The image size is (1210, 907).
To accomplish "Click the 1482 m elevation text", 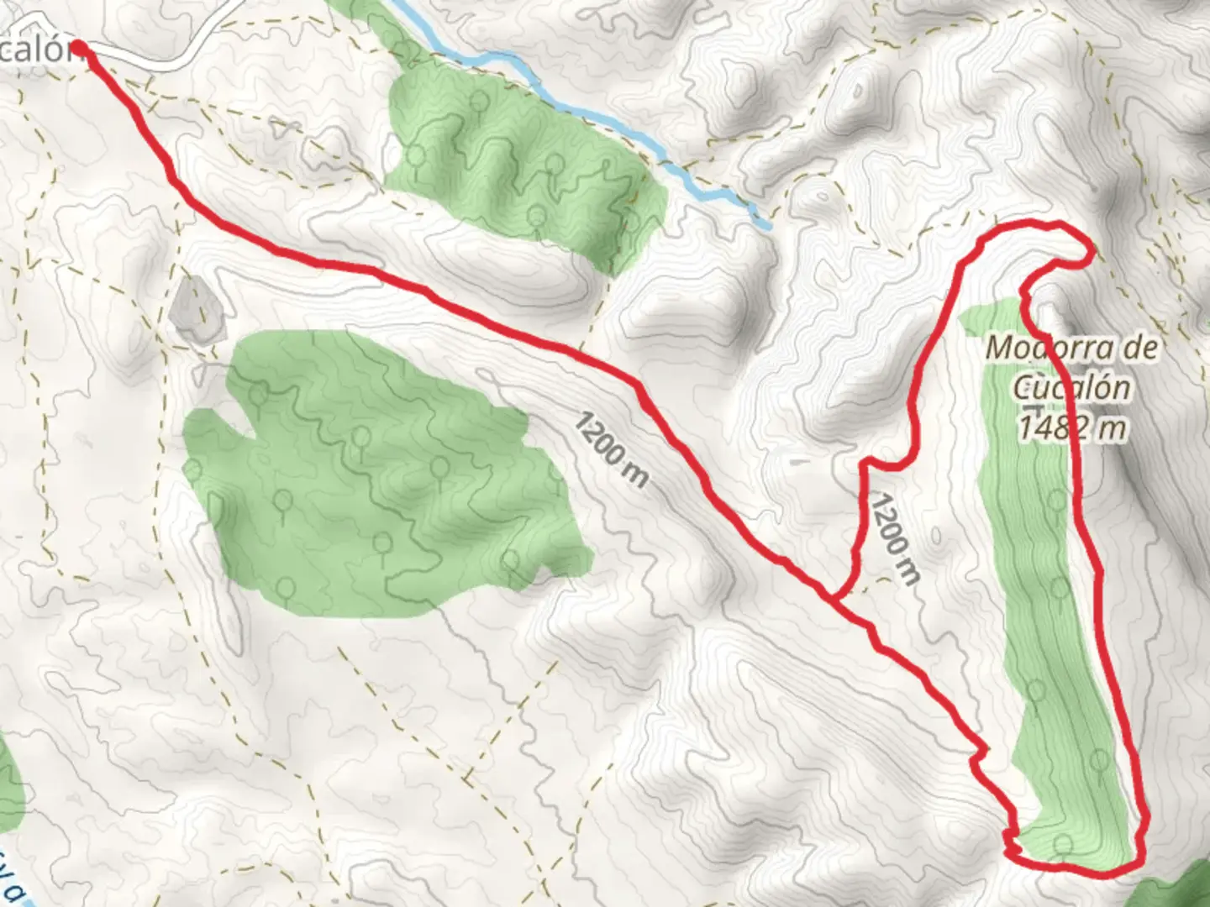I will (1071, 428).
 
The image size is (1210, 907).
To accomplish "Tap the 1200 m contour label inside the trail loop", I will (894, 537).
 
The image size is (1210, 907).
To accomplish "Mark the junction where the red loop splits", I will (835, 598).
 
